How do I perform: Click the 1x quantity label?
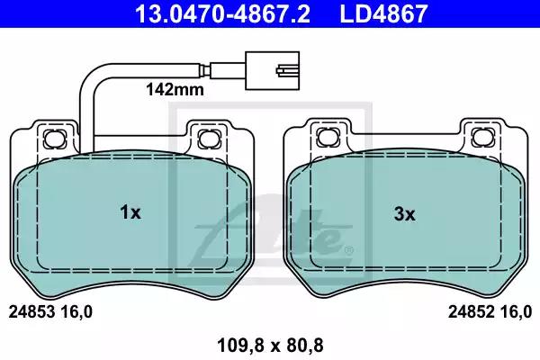130,213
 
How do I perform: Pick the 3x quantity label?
404,213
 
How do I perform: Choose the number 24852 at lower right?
470,312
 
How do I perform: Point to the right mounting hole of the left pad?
209,138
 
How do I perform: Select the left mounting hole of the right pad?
326,138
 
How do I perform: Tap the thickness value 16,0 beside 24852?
517,312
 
